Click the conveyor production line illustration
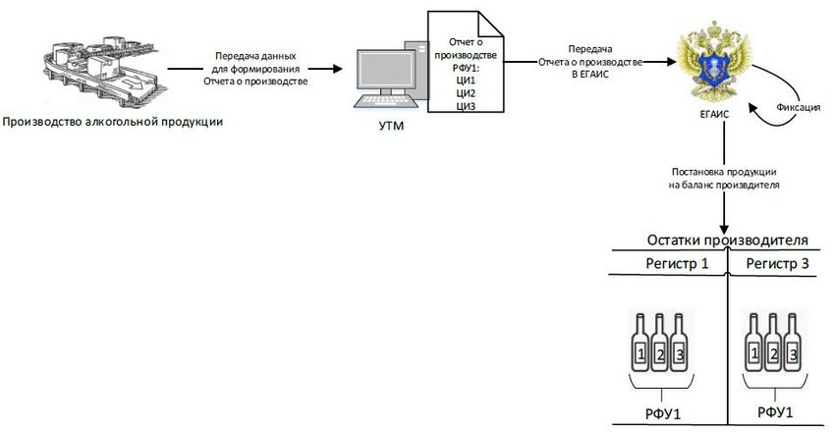click(102, 69)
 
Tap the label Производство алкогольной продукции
click(112, 122)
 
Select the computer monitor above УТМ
click(380, 73)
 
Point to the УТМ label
click(391, 126)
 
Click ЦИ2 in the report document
click(466, 93)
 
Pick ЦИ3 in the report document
click(466, 106)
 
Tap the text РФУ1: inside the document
click(466, 68)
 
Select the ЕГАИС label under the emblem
click(714, 114)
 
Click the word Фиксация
click(798, 107)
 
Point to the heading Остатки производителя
click(727, 240)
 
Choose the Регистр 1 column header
click(677, 263)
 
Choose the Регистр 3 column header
click(777, 263)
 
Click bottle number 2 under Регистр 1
click(659, 343)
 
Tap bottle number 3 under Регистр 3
click(793, 343)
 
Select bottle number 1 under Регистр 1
click(640, 343)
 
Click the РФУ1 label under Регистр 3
click(775, 412)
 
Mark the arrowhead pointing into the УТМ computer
click(337, 69)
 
